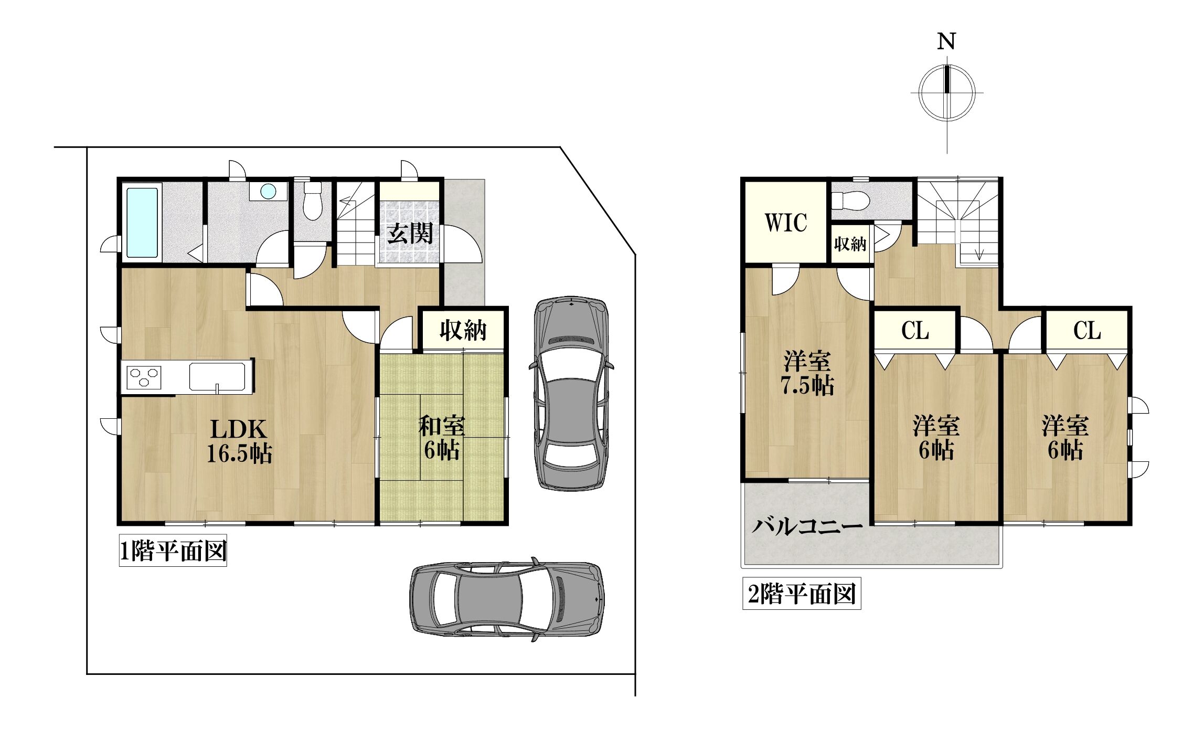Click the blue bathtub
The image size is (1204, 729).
click(x=142, y=223)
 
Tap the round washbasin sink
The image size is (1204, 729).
click(x=268, y=191)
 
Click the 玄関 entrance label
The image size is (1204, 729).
click(x=410, y=234)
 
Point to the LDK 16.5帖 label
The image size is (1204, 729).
click(x=239, y=441)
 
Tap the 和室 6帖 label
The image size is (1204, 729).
click(x=441, y=438)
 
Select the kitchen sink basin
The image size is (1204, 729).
click(x=217, y=376)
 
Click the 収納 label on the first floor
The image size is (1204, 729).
click(x=463, y=331)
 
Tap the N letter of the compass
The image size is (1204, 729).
click(x=946, y=41)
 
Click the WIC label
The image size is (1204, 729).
click(x=785, y=223)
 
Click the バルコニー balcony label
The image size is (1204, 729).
click(x=807, y=526)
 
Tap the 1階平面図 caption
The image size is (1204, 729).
click(x=173, y=552)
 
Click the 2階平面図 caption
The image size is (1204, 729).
click(x=802, y=595)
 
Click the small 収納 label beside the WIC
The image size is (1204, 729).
click(x=850, y=244)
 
